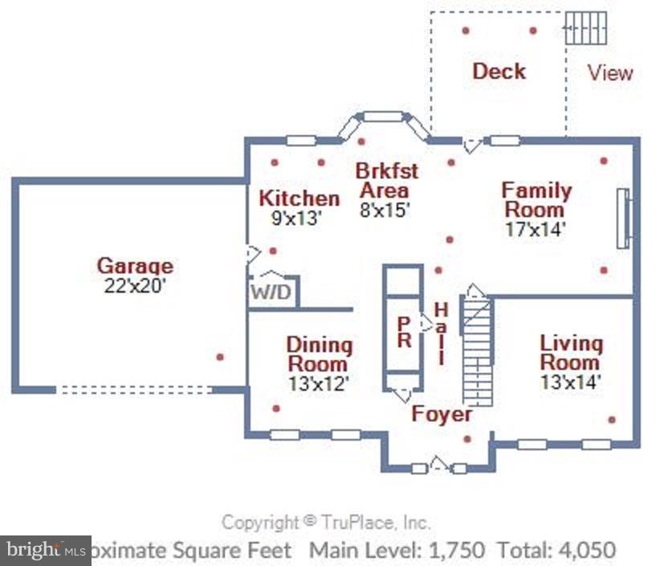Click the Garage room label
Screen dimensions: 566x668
click(x=135, y=265)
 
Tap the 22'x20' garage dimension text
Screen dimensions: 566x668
click(x=135, y=285)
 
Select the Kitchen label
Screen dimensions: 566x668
click(x=299, y=198)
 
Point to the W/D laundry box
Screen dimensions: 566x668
click(x=272, y=291)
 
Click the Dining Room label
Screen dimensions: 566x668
click(x=319, y=355)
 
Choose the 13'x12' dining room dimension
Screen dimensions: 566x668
click(x=319, y=383)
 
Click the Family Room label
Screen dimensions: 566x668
click(x=536, y=200)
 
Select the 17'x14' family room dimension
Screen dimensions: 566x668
click(x=536, y=228)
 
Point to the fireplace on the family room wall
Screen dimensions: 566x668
click(x=622, y=219)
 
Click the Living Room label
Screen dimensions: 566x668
click(x=571, y=352)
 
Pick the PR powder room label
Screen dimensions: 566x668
click(x=404, y=332)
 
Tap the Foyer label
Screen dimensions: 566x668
click(x=442, y=414)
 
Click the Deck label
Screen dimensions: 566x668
click(x=499, y=71)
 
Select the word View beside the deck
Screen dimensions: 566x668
click(x=610, y=72)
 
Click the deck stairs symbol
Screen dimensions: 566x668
click(x=585, y=28)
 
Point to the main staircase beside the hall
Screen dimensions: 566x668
click(x=477, y=350)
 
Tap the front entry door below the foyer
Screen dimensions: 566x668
click(x=438, y=466)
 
